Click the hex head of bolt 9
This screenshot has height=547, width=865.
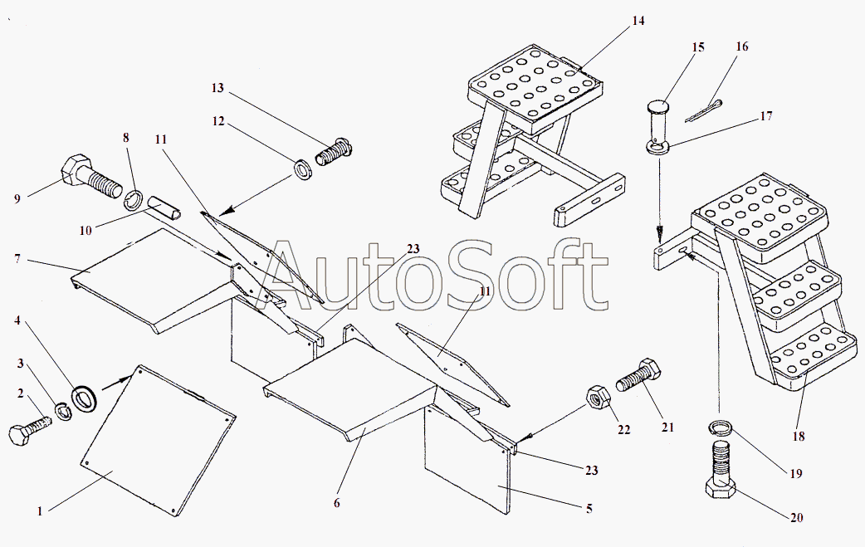71,170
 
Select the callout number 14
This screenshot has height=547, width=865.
638,21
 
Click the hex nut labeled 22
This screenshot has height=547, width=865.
597,396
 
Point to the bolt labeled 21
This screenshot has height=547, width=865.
638,375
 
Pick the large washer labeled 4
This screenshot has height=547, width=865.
85,398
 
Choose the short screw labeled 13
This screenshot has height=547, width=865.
333,152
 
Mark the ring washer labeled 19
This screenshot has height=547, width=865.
720,428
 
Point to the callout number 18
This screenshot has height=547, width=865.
799,436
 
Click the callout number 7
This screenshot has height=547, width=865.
17,258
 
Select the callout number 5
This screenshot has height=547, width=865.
589,508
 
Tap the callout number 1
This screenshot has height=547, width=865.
39,511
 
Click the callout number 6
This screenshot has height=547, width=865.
336,502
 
